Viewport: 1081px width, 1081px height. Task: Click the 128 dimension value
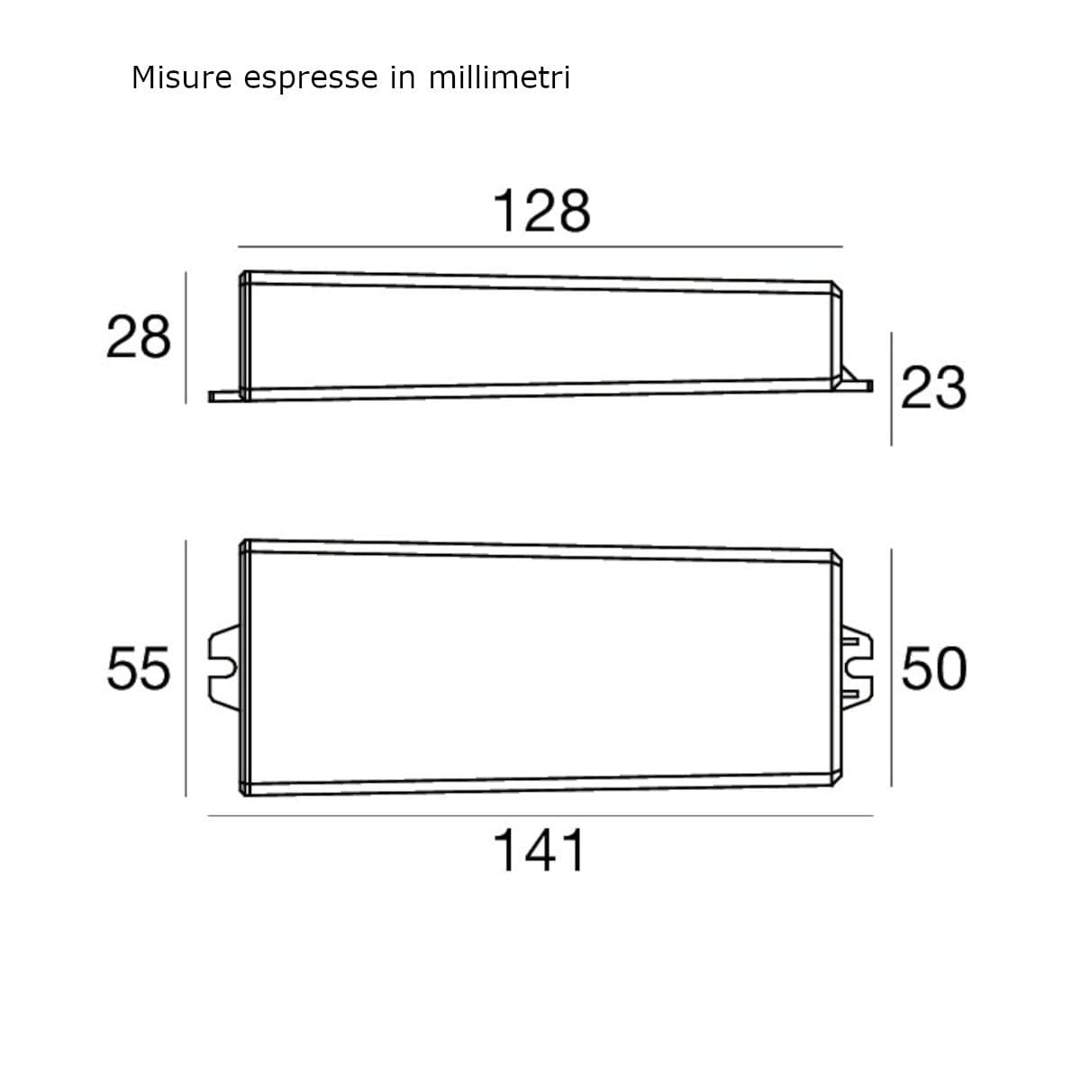541,211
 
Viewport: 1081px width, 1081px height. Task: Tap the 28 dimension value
139,337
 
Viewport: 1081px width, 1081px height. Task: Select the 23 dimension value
934,387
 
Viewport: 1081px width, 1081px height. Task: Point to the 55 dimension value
139,668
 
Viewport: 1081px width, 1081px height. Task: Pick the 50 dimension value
934,668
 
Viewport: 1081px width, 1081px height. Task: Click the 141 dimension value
540,850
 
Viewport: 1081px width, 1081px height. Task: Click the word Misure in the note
182,77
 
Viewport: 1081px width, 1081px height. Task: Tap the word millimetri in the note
499,77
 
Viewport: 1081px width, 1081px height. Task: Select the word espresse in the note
311,79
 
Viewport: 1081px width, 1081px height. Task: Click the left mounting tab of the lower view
223,668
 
